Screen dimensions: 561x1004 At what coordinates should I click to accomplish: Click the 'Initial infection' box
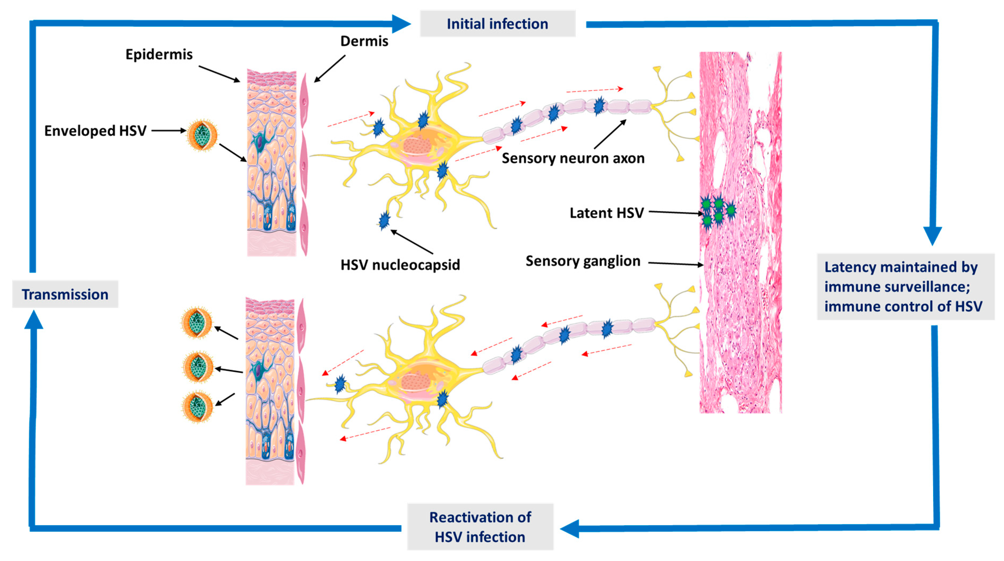497,24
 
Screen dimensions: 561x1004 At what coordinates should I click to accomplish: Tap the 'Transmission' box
65,294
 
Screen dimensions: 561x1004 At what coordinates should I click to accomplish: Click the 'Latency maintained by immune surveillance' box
905,287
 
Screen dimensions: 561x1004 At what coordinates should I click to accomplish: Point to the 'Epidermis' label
159,54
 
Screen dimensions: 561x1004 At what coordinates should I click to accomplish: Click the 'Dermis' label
364,41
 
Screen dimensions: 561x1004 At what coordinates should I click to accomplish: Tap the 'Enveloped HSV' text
95,131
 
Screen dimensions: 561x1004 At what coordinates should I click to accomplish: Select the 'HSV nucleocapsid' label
400,265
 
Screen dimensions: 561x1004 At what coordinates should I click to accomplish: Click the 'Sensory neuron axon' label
573,158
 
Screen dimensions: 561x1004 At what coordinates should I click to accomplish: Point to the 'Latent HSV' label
606,213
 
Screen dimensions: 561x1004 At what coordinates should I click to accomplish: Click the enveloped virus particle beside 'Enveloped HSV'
202,135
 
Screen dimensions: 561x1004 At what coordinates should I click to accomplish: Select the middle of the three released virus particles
198,368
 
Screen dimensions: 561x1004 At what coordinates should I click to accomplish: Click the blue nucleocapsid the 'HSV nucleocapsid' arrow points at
384,220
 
